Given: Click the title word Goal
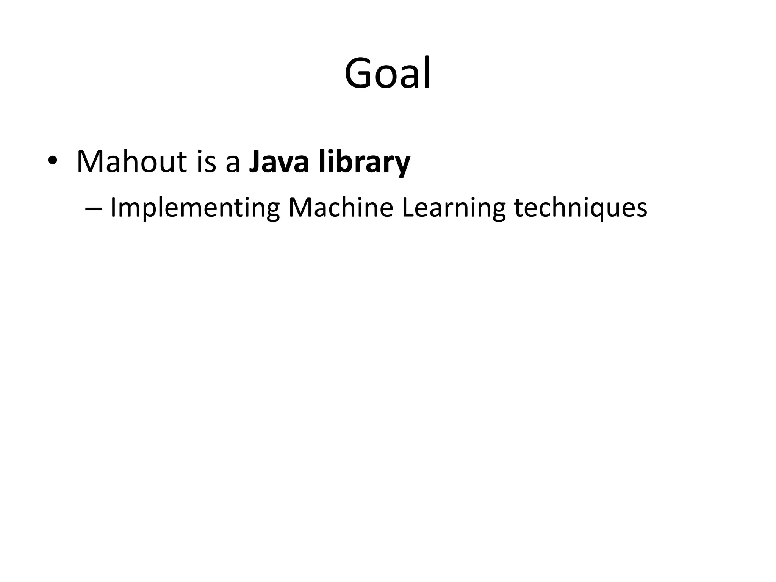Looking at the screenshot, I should coord(387,73).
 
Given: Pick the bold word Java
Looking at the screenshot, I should coord(278,162).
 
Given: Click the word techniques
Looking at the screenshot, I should coord(580,208).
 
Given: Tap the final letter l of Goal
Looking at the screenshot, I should coord(427,72).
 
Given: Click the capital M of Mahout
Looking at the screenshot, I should coord(90,162).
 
